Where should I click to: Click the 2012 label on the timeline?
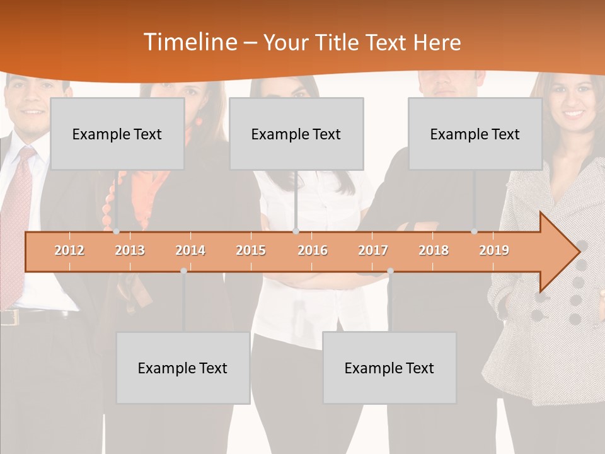point(69,250)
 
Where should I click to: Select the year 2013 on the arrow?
point(130,250)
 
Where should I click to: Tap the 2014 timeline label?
point(190,250)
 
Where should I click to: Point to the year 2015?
point(251,250)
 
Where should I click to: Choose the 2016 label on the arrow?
point(313,250)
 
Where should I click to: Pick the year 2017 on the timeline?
point(373,250)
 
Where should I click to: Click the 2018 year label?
point(434,250)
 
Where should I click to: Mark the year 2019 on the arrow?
point(494,250)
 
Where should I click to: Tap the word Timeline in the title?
point(189,42)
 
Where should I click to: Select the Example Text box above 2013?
point(117,134)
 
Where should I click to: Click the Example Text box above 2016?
point(296,134)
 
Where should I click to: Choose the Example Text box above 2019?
point(475,134)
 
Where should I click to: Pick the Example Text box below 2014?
point(183,368)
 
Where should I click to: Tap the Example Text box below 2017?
point(389,368)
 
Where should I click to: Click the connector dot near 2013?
point(116,231)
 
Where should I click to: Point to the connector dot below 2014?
point(183,271)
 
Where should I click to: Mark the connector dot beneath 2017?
point(390,271)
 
